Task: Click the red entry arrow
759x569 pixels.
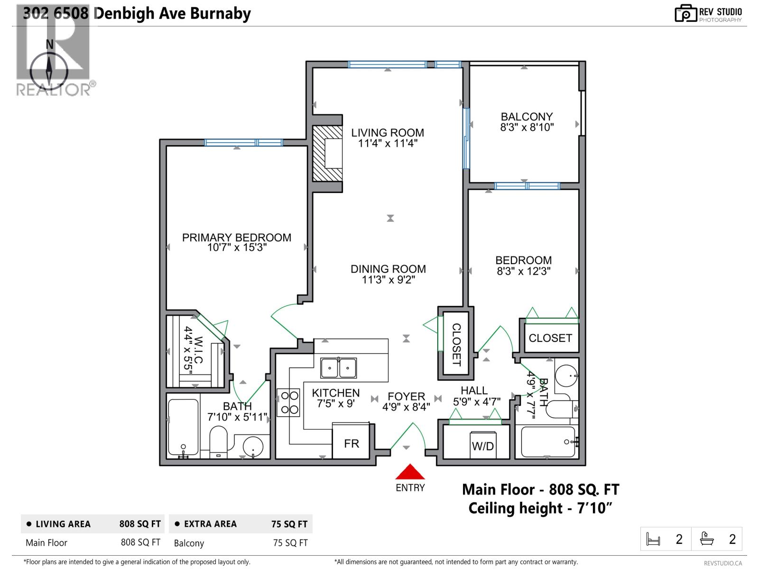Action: click(x=410, y=472)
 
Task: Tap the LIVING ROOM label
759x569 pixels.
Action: click(x=388, y=133)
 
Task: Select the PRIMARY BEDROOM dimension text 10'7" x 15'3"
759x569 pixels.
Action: click(x=237, y=248)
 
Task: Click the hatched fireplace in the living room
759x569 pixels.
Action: click(x=327, y=153)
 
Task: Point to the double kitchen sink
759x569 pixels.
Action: click(x=338, y=368)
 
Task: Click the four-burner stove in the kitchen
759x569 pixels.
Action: click(x=288, y=403)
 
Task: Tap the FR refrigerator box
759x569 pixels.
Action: click(x=352, y=443)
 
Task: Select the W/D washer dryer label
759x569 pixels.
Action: click(x=482, y=446)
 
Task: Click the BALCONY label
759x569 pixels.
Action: click(x=527, y=117)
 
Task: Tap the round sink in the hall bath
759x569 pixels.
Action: click(x=566, y=376)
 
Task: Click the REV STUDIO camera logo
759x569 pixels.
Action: click(x=685, y=13)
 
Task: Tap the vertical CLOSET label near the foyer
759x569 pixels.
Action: click(x=456, y=344)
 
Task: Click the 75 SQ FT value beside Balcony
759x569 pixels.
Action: click(x=290, y=543)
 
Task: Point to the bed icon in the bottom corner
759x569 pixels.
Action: click(x=654, y=539)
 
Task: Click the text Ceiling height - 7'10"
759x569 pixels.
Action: click(x=540, y=508)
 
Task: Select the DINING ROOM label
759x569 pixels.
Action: click(x=388, y=269)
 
